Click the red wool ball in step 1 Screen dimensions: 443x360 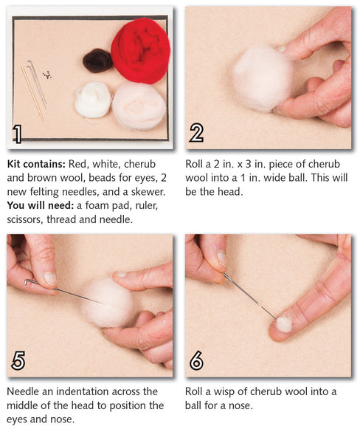pyautogui.click(x=140, y=50)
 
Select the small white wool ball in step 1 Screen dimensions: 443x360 pyautogui.click(x=93, y=99)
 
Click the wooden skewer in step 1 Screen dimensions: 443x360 pyautogui.click(x=32, y=92)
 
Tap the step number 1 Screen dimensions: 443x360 pyautogui.click(x=18, y=133)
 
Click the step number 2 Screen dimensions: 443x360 pyautogui.click(x=197, y=133)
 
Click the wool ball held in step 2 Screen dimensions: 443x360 pyautogui.click(x=262, y=78)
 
